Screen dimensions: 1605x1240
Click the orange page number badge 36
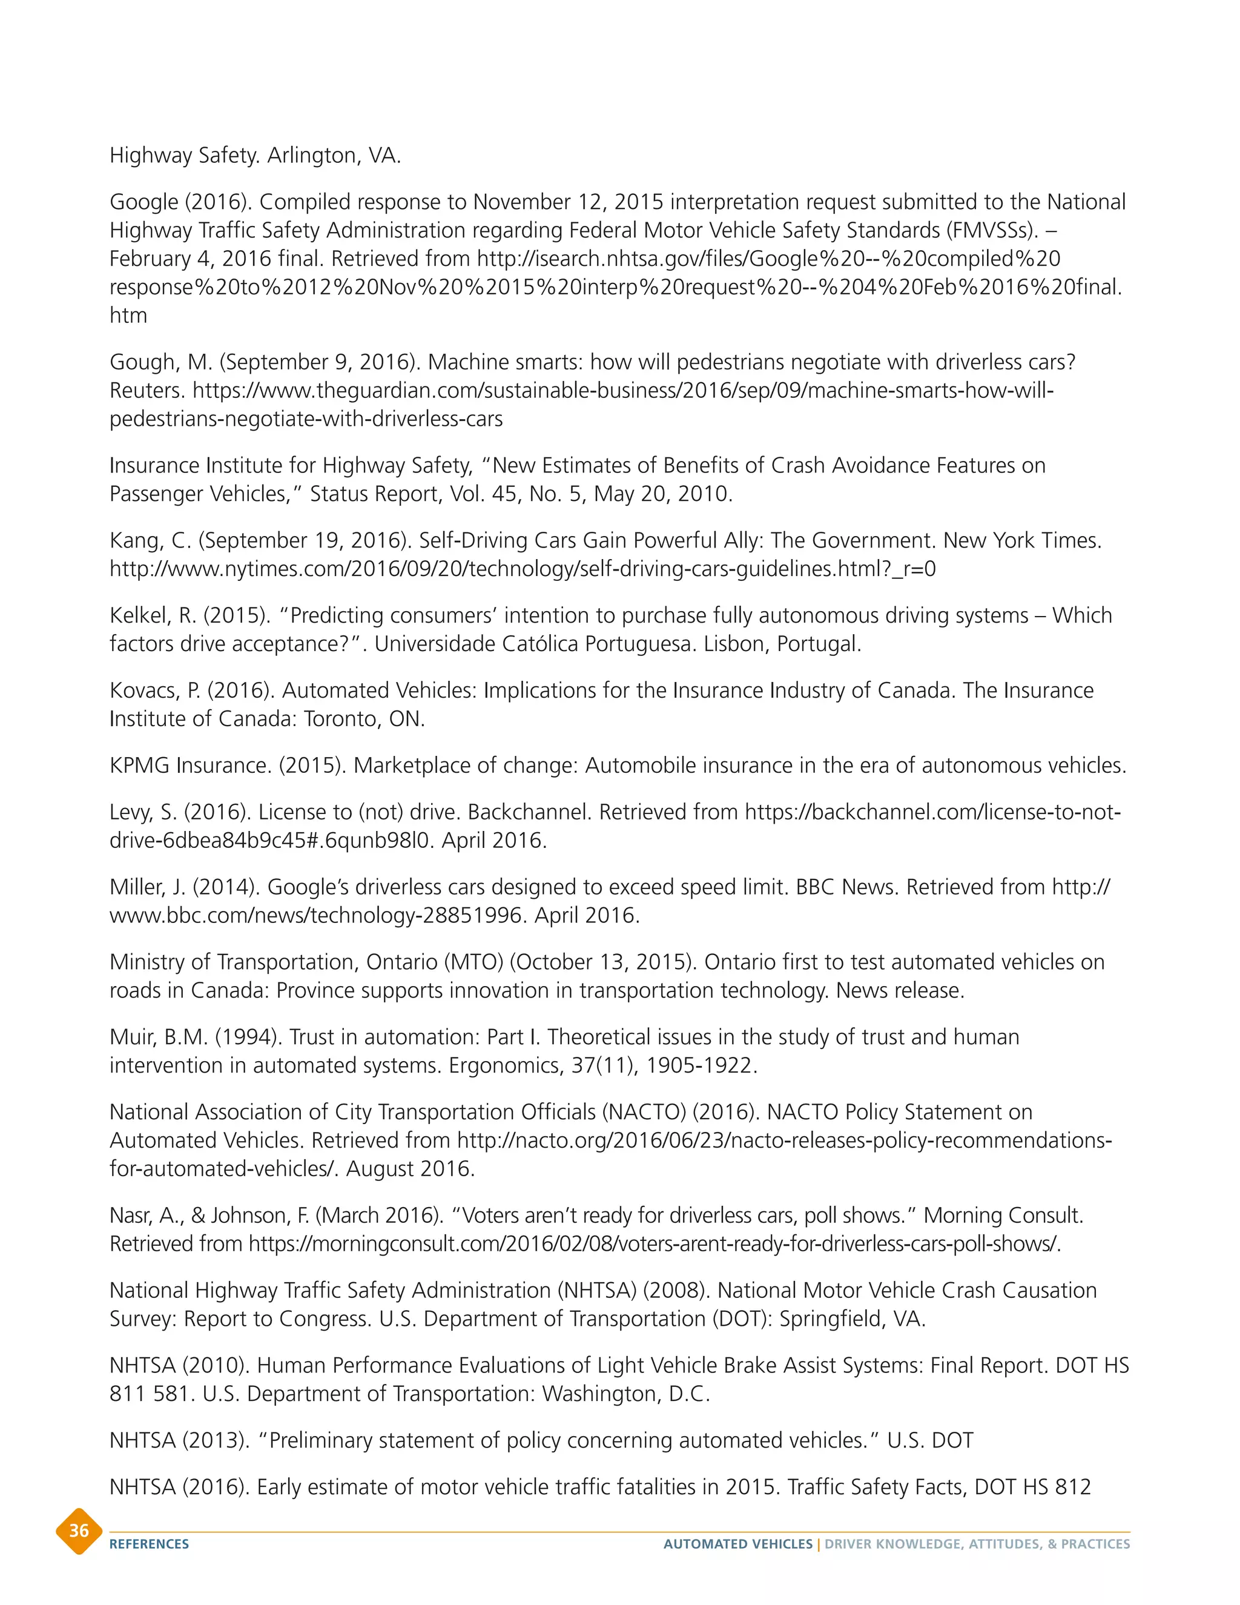pyautogui.click(x=79, y=1531)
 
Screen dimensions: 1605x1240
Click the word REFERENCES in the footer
pyautogui.click(x=149, y=1544)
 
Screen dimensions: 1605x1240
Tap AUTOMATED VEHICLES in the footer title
pyautogui.click(x=737, y=1544)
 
